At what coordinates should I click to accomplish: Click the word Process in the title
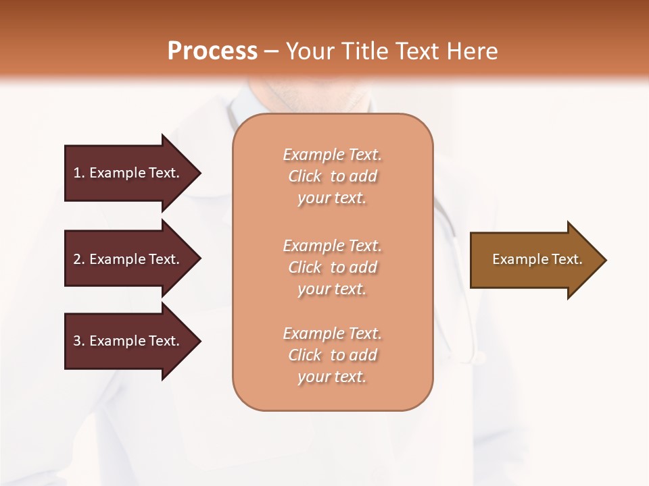tap(212, 51)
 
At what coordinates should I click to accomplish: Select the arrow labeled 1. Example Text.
tap(128, 173)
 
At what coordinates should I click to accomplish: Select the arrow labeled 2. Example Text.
tap(128, 259)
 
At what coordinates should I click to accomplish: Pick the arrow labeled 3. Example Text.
tap(128, 341)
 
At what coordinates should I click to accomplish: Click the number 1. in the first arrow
tap(79, 173)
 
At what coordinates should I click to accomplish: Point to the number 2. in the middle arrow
tap(79, 259)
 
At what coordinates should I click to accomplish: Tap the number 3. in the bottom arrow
tap(79, 341)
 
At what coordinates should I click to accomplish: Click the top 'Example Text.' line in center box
tap(332, 155)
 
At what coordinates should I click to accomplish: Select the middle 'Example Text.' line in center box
tap(332, 246)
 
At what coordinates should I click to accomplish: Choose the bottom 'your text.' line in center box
tap(332, 377)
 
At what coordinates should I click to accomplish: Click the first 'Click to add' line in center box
tap(332, 176)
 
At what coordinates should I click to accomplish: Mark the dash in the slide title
tap(272, 51)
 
